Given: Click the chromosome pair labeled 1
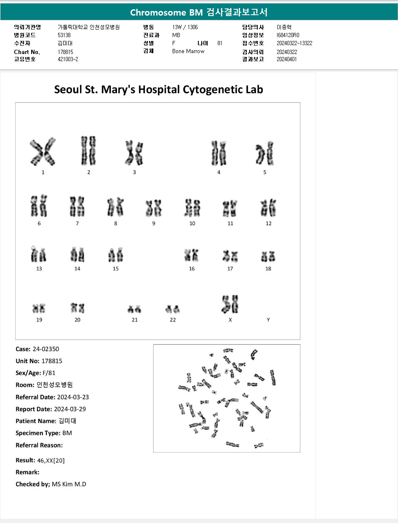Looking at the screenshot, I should click(x=43, y=152).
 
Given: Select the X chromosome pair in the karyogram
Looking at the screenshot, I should click(x=230, y=304).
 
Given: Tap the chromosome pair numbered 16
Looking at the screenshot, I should click(x=192, y=255).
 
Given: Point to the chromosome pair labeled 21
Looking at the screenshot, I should click(x=134, y=309).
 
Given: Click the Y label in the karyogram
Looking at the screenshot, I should click(x=268, y=320).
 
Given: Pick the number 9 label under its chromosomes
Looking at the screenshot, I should click(x=154, y=224).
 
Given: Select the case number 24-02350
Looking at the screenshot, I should click(x=45, y=349).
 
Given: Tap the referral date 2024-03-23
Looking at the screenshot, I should click(x=73, y=397).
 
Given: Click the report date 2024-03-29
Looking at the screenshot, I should click(x=70, y=409).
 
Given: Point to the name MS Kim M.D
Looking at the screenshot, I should click(x=69, y=484).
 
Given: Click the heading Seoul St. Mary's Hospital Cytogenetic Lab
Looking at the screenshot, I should click(x=158, y=89).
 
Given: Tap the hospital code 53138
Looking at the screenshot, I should click(x=64, y=35).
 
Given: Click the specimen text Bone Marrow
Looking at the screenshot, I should click(x=188, y=51).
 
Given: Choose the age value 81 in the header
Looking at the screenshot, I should click(x=220, y=43).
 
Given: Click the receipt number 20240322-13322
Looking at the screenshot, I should click(x=294, y=43).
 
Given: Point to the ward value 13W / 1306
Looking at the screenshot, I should click(x=185, y=27).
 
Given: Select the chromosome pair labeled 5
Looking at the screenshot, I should click(x=264, y=154).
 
